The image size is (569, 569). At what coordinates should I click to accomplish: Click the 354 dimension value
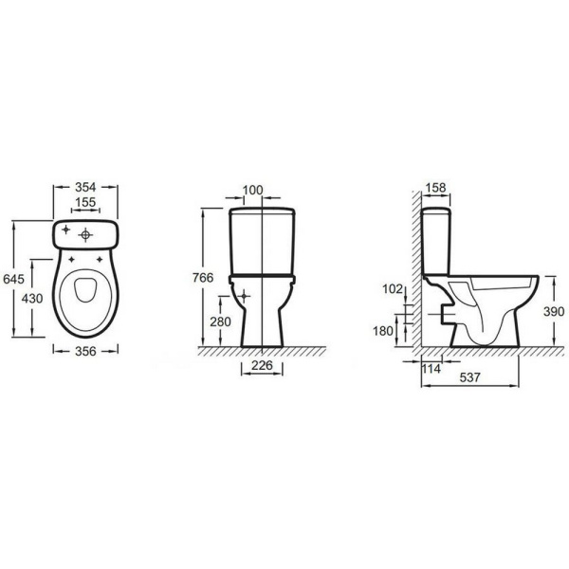[85, 187]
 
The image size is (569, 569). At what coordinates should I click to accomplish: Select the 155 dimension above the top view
[85, 202]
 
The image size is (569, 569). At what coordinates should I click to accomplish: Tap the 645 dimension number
[13, 279]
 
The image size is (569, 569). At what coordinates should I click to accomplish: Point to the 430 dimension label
[32, 299]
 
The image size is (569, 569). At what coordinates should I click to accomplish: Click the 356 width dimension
[85, 351]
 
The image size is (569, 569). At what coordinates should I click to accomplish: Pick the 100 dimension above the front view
[252, 191]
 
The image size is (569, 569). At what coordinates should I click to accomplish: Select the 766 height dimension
[203, 278]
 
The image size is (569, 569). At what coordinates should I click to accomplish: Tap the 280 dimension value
[220, 321]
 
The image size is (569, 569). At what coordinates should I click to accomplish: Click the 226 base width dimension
[262, 365]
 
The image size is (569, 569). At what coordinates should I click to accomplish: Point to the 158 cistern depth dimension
[435, 188]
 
